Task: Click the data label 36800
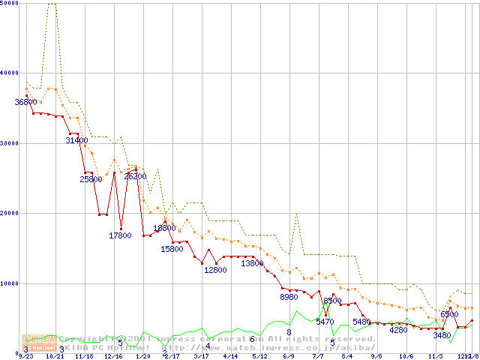coord(25,102)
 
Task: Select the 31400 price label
coord(76,140)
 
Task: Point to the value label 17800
coord(120,235)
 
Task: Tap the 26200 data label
coord(135,176)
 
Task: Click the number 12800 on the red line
coord(215,270)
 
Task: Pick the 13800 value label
coord(252,263)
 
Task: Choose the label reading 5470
coord(325,322)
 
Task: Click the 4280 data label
coord(398,330)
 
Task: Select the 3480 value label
coord(442,335)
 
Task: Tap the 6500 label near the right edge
coord(449,315)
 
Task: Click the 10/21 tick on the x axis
coord(55,357)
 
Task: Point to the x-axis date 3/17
coord(201,357)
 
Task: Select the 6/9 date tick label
coord(289,357)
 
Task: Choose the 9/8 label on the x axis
coord(376,357)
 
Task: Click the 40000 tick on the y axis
coord(10,73)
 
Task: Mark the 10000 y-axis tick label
coord(10,283)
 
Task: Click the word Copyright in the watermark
coord(82,339)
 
